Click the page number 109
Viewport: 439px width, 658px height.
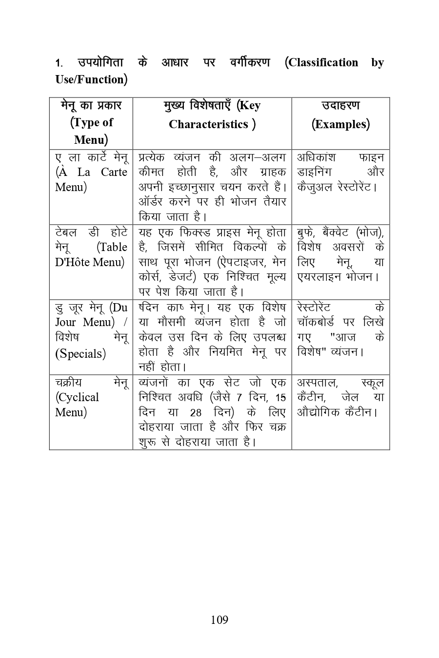click(x=219, y=620)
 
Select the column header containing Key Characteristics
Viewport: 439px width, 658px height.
click(x=212, y=115)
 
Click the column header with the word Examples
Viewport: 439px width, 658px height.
click(x=340, y=115)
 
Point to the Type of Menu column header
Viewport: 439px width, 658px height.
click(x=91, y=123)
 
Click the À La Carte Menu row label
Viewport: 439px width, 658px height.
click(x=91, y=173)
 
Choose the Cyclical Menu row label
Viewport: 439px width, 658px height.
click(x=91, y=397)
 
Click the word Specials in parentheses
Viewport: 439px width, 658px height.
click(x=80, y=353)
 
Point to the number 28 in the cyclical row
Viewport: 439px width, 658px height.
click(x=196, y=413)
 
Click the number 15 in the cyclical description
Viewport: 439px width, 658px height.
click(x=280, y=398)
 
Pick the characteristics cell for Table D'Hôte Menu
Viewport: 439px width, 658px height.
click(x=212, y=262)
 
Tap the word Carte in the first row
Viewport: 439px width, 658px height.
click(x=114, y=173)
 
